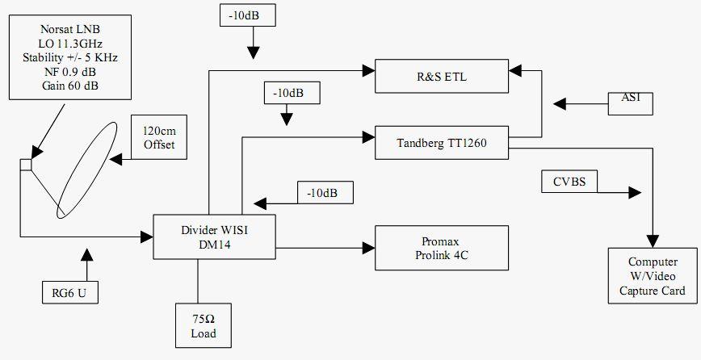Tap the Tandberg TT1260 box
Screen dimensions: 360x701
(x=441, y=143)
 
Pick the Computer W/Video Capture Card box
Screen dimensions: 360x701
(x=653, y=276)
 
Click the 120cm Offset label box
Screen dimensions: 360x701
(x=158, y=138)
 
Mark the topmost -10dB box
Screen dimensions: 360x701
(x=250, y=15)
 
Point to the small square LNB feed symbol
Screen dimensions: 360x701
(x=26, y=165)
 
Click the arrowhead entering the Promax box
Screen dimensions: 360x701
(x=370, y=245)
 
